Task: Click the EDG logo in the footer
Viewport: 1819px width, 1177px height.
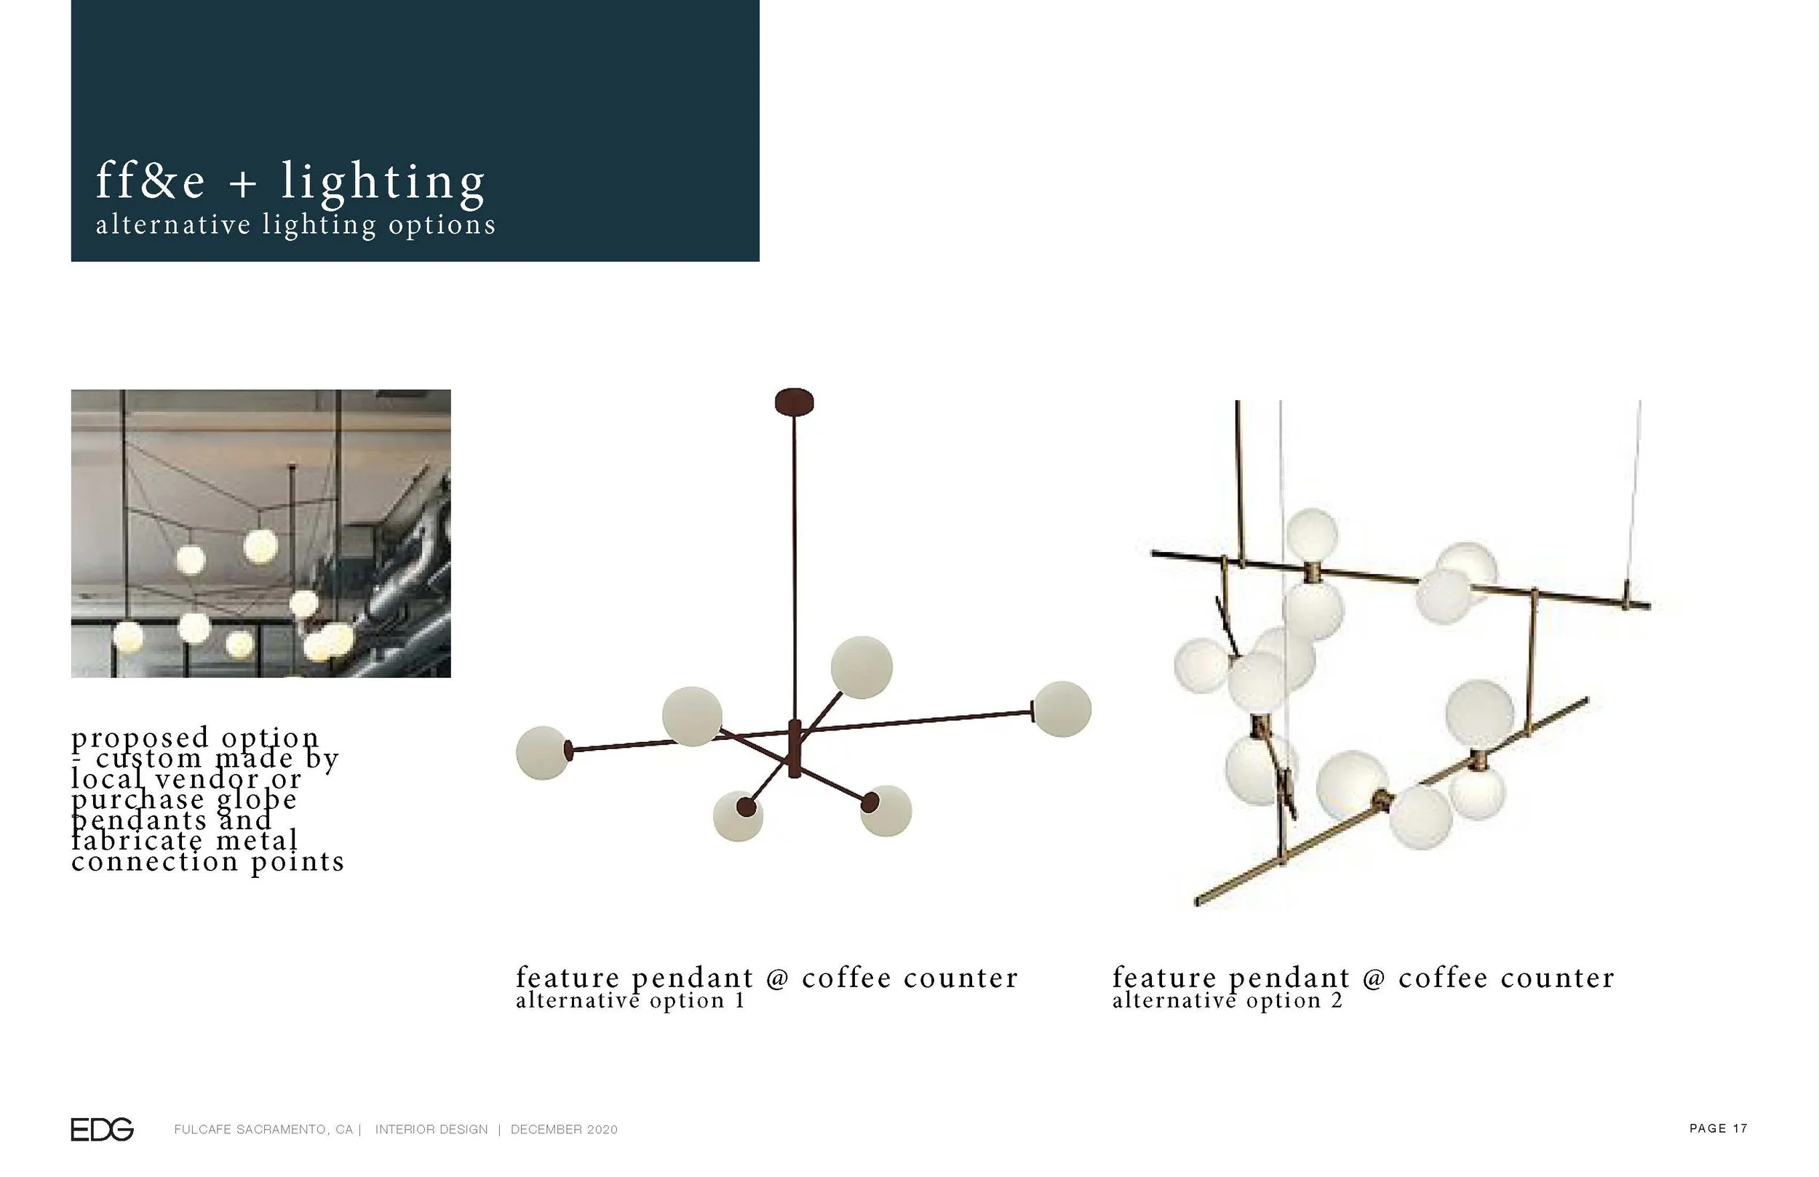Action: pyautogui.click(x=102, y=1129)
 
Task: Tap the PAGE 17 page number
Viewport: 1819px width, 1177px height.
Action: pyautogui.click(x=1718, y=1128)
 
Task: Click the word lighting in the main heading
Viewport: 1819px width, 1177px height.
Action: pyautogui.click(x=383, y=182)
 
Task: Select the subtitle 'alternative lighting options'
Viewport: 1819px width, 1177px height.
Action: pyautogui.click(x=296, y=225)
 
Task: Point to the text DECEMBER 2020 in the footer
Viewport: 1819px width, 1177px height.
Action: pyautogui.click(x=564, y=1129)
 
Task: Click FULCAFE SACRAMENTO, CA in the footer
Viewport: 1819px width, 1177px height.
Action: pyautogui.click(x=263, y=1129)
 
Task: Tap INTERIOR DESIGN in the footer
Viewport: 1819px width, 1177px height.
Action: pyautogui.click(x=431, y=1129)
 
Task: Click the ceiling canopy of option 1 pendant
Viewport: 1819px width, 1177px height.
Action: pyautogui.click(x=794, y=402)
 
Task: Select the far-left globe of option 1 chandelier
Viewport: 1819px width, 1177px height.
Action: pyautogui.click(x=543, y=752)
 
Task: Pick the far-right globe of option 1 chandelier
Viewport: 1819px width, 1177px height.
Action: pyautogui.click(x=1062, y=709)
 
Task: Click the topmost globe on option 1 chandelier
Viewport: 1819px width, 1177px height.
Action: pyautogui.click(x=861, y=666)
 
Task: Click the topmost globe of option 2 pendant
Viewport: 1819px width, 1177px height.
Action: pyautogui.click(x=1312, y=533)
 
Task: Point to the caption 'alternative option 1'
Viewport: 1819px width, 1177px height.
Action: pyautogui.click(x=630, y=1000)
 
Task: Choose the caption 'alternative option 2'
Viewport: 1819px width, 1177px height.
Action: pyautogui.click(x=1227, y=1000)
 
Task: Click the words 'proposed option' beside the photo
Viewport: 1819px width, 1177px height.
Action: pyautogui.click(x=195, y=738)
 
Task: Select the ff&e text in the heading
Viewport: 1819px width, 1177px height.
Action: pyautogui.click(x=150, y=182)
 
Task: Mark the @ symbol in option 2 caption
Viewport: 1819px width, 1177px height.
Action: pyautogui.click(x=1374, y=979)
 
